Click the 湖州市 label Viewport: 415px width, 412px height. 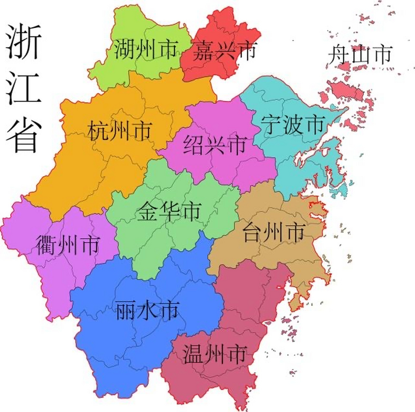tap(146, 49)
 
